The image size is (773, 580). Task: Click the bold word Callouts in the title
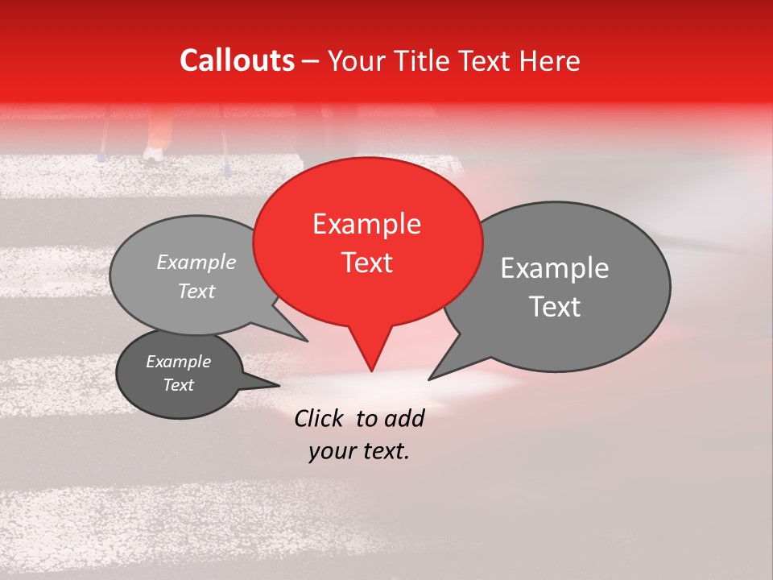click(237, 60)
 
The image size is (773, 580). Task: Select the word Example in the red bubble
click(366, 224)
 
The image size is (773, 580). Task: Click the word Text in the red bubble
click(366, 263)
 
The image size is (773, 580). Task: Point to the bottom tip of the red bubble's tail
click(371, 371)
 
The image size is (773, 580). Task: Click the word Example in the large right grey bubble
click(554, 268)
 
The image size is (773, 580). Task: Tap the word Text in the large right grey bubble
click(554, 307)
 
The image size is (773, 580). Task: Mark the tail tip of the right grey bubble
click(429, 379)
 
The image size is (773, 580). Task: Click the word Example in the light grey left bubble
click(196, 262)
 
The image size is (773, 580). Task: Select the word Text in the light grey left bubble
click(196, 292)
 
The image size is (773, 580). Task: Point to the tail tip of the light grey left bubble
click(307, 340)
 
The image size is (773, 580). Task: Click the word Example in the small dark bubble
click(178, 362)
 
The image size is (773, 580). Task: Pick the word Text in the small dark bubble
click(178, 385)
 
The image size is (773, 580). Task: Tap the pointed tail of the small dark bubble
click(278, 386)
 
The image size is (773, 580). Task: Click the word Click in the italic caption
click(320, 418)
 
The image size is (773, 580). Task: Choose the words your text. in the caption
click(359, 451)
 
